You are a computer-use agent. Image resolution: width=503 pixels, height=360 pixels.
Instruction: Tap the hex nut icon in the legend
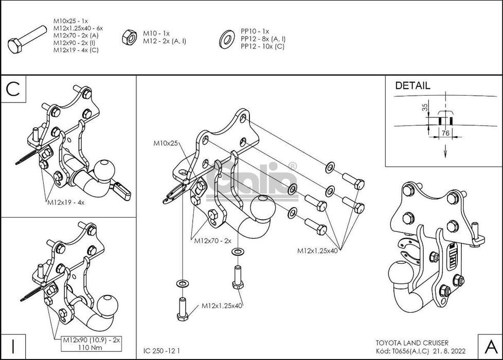pos(127,37)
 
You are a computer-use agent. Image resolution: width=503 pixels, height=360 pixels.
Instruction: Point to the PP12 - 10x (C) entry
pos(262,46)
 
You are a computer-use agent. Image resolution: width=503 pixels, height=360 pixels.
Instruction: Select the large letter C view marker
pos(13,88)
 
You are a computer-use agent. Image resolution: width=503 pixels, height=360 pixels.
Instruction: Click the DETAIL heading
pos(412,86)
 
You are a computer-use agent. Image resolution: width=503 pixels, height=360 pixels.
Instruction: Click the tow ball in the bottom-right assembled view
pos(399,273)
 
